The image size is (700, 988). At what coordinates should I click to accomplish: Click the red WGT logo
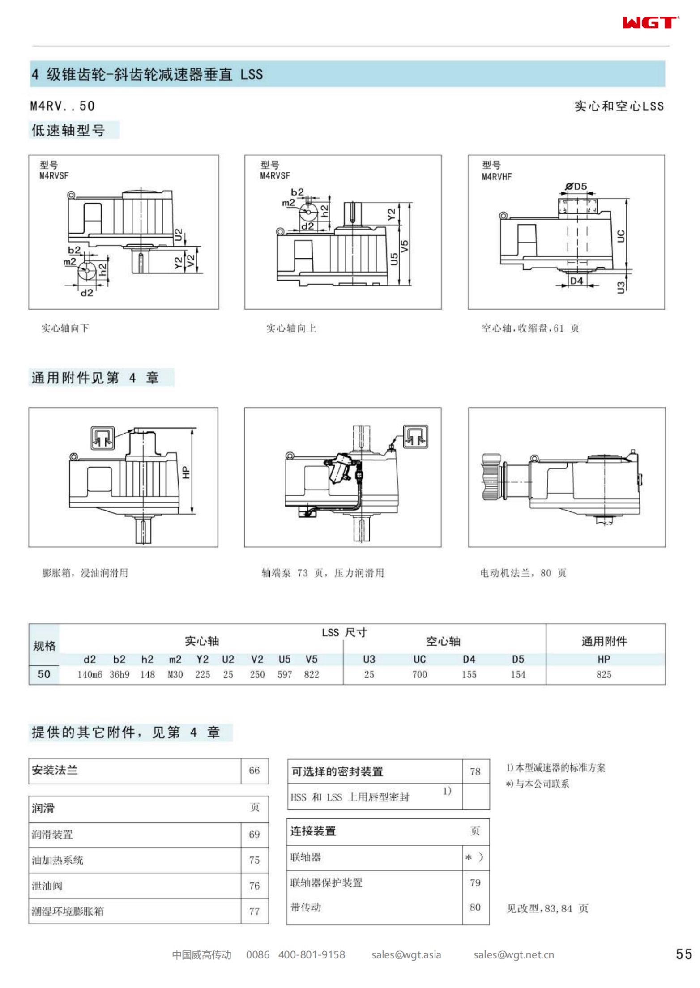650,22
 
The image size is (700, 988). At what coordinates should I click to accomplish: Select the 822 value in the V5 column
312,674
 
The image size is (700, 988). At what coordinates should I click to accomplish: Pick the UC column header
419,659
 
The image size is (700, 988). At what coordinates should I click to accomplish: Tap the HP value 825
603,674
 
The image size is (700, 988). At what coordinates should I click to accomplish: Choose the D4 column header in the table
469,659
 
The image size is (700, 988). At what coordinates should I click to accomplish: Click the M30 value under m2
175,674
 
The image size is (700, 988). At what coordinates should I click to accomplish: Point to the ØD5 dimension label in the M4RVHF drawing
576,186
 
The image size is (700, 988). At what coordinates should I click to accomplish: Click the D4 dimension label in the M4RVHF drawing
576,281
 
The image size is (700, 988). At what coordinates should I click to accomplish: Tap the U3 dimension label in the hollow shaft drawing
621,287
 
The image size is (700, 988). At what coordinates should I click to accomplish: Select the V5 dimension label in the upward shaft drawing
405,246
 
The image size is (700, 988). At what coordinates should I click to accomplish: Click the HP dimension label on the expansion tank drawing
186,473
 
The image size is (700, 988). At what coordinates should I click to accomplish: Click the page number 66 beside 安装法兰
254,770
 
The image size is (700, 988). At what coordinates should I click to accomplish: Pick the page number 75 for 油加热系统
254,860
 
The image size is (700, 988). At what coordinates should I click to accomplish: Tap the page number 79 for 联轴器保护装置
475,882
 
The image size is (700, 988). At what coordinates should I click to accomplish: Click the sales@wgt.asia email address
406,954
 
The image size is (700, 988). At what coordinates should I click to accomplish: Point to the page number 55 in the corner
684,954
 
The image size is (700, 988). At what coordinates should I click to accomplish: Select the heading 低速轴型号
68,130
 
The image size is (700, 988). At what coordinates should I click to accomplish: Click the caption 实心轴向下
65,328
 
